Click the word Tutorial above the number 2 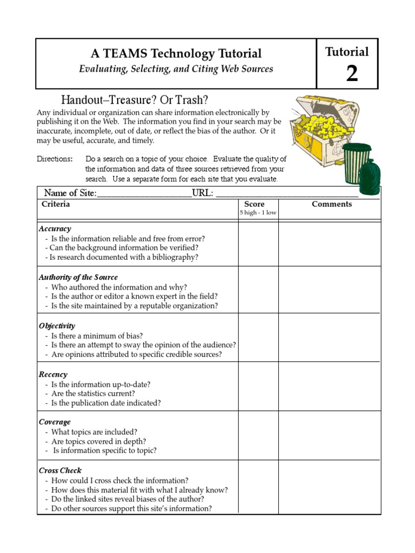click(x=347, y=52)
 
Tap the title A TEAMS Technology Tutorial click(x=176, y=53)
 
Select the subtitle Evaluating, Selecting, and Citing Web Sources click(x=176, y=69)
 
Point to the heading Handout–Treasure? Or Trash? click(x=135, y=100)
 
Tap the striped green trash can click(x=357, y=163)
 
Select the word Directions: click(x=55, y=159)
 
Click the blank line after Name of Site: click(x=144, y=194)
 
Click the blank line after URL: click(x=286, y=194)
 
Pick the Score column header click(x=254, y=204)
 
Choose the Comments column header click(x=332, y=204)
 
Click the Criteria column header click(x=56, y=204)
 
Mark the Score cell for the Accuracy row click(x=258, y=244)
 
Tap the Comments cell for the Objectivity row click(x=329, y=338)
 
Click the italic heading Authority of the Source click(x=78, y=277)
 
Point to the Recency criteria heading click(x=53, y=374)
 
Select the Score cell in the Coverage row click(x=258, y=435)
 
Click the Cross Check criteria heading click(x=60, y=470)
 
